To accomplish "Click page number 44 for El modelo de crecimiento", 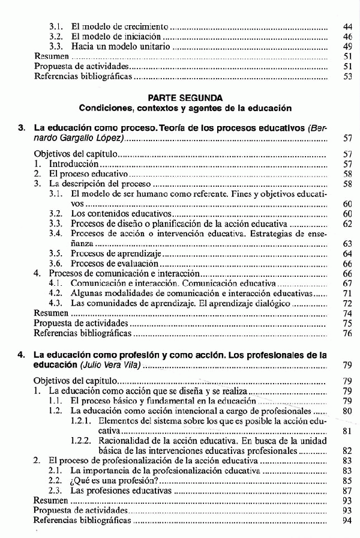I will pyautogui.click(x=347, y=27).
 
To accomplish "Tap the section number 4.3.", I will pyautogui.click(x=56, y=303).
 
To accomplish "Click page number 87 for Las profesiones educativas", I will pyautogui.click(x=347, y=490).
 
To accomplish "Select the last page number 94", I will pyautogui.click(x=347, y=519).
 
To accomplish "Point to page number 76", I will pyautogui.click(x=347, y=333).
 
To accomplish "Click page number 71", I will pyautogui.click(x=347, y=293).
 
